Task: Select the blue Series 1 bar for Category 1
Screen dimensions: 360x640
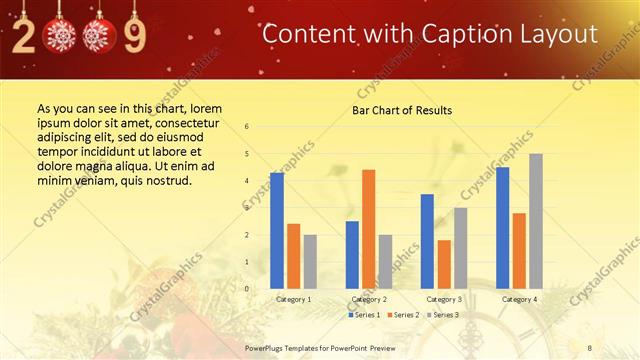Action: pyautogui.click(x=277, y=230)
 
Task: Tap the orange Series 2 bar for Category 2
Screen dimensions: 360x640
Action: pyautogui.click(x=368, y=229)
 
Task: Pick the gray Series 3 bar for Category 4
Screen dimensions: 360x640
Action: pyautogui.click(x=535, y=221)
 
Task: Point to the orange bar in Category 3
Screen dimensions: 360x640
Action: pyautogui.click(x=443, y=264)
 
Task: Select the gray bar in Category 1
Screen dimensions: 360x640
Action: pyautogui.click(x=310, y=261)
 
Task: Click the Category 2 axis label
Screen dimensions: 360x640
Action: pyautogui.click(x=369, y=299)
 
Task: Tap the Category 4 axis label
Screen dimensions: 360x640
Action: pyautogui.click(x=519, y=299)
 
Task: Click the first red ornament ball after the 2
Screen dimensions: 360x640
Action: pyautogui.click(x=62, y=36)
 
